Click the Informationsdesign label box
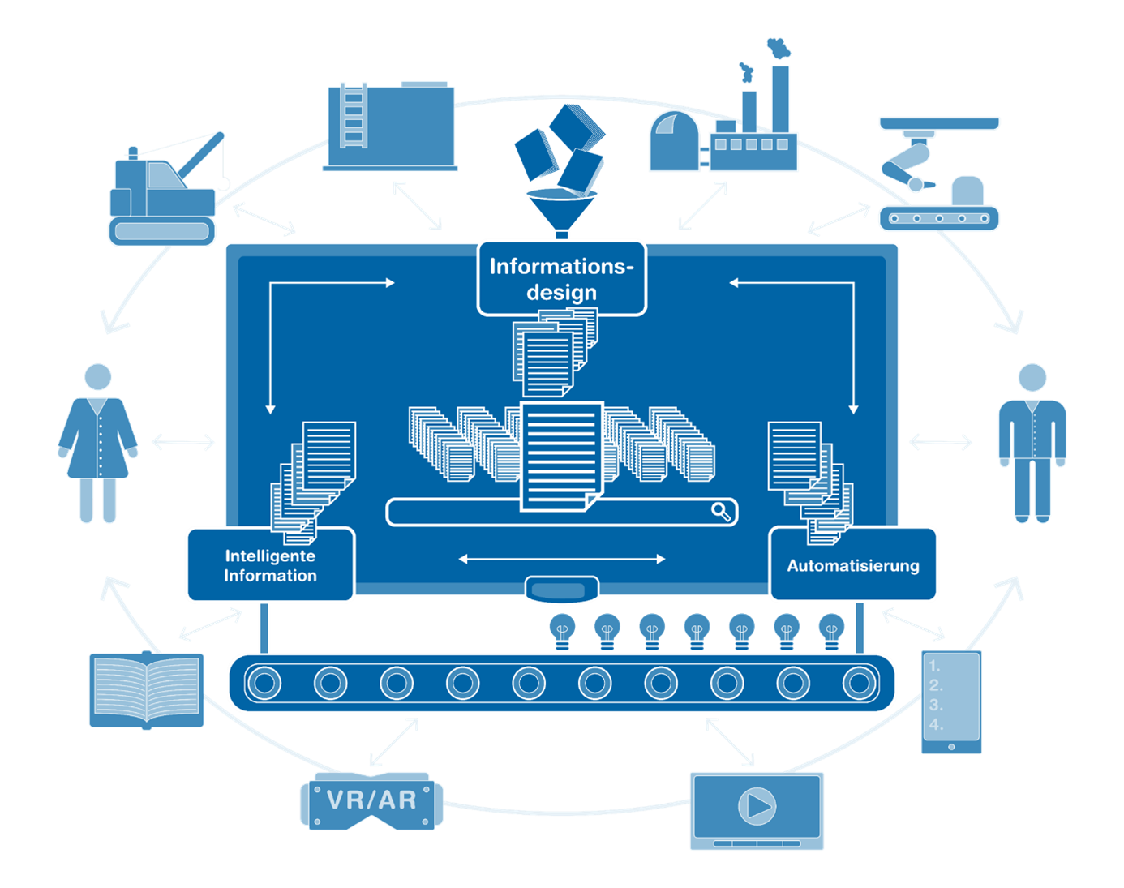(561, 278)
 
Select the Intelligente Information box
(270, 565)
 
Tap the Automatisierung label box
(853, 565)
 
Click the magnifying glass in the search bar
(721, 511)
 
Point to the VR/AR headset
(372, 800)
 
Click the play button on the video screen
(757, 806)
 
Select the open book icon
(146, 690)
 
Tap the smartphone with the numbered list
(950, 702)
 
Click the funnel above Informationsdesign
(561, 209)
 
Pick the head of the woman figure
(98, 377)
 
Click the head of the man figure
(1032, 377)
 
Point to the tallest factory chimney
(780, 97)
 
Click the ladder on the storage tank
(353, 116)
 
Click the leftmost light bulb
(562, 629)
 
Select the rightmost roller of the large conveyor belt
(859, 684)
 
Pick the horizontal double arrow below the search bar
(561, 559)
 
